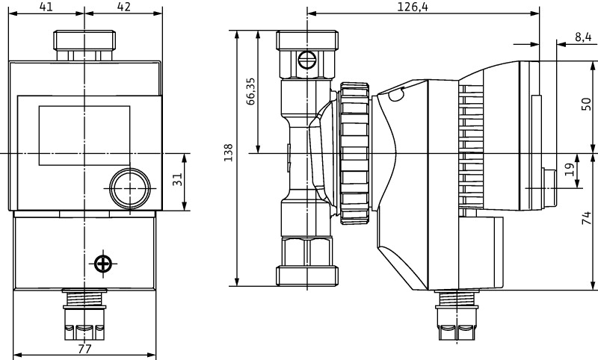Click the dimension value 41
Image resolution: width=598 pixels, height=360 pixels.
coord(46,7)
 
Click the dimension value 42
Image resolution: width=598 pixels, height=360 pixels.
coord(123,7)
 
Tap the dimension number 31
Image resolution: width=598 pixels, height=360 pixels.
coord(178,181)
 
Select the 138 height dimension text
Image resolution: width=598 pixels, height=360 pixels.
coord(229,152)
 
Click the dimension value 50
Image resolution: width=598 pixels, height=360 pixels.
coord(587,103)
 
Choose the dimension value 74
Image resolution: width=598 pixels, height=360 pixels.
coord(587,220)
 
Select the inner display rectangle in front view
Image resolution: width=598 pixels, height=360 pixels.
coord(84,135)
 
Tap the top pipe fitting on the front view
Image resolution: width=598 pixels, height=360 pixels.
coord(84,45)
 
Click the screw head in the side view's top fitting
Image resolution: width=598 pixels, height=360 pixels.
coord(306,59)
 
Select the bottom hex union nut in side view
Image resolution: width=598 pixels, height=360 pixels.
coord(306,261)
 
